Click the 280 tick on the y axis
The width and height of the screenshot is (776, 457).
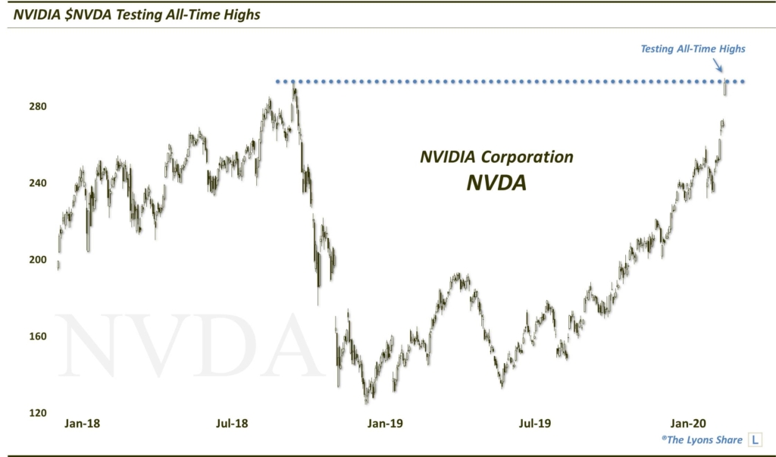coord(39,107)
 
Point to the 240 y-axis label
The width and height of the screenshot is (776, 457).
coord(39,183)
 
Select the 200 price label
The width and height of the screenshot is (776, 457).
coord(39,260)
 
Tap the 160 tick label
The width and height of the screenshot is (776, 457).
coord(39,336)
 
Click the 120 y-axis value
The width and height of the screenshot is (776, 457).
coord(39,413)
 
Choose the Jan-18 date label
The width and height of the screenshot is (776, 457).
coord(82,424)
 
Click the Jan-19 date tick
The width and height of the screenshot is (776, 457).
coord(384,424)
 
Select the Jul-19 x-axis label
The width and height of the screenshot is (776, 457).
coord(535,424)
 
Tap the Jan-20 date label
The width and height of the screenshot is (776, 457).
coord(686,424)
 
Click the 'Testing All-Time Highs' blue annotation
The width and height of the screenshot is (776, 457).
coord(693,49)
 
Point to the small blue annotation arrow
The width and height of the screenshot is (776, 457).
coord(718,67)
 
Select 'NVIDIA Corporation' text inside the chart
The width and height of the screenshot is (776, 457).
coord(496,157)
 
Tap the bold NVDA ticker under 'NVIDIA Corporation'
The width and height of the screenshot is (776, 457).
coord(496,182)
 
